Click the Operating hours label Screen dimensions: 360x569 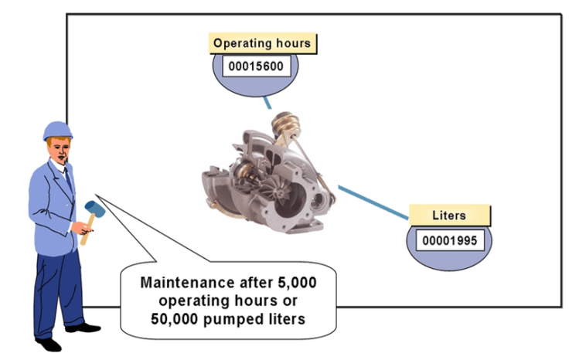click(x=261, y=43)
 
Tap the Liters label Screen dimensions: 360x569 click(x=449, y=215)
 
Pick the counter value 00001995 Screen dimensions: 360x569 click(x=448, y=239)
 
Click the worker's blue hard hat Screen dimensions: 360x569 click(x=56, y=130)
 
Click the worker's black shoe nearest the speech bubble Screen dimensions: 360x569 click(x=83, y=328)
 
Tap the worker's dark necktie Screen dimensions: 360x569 click(x=68, y=179)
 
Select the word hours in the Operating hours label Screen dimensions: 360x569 click(x=292, y=43)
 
